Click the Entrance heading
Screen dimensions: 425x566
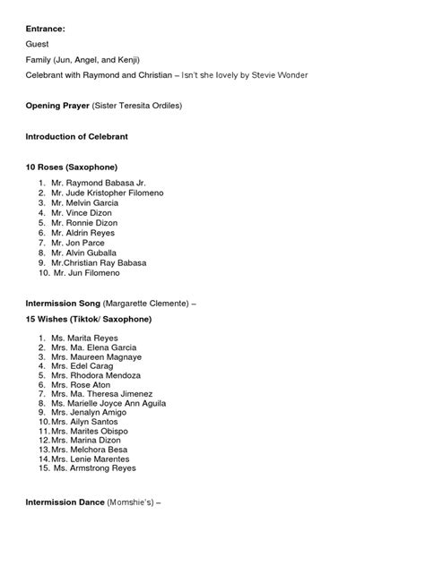tap(45, 28)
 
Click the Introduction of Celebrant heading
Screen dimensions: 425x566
tap(76, 136)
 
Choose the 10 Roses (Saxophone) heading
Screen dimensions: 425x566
tap(72, 167)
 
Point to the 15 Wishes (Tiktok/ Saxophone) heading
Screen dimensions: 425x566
tap(88, 319)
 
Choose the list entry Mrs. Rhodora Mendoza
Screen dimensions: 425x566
tap(95, 375)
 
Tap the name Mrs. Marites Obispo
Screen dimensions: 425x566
tap(89, 431)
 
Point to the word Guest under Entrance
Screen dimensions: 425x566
tap(38, 43)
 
